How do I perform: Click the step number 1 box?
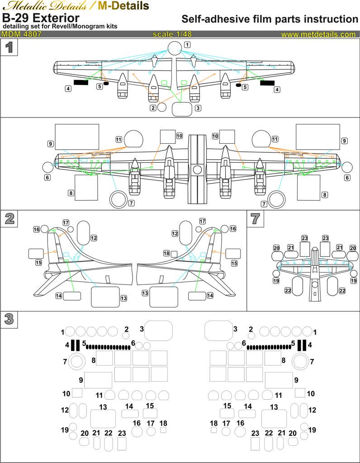pyautogui.click(x=9, y=47)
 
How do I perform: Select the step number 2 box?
pyautogui.click(x=9, y=218)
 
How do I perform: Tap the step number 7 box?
pyautogui.click(x=255, y=218)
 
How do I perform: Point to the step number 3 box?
pyautogui.click(x=9, y=319)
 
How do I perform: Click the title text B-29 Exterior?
pyautogui.click(x=41, y=18)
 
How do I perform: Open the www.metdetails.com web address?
pyautogui.click(x=318, y=34)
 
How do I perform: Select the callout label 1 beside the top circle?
pyautogui.click(x=187, y=44)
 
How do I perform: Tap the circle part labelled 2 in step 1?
pyautogui.click(x=161, y=108)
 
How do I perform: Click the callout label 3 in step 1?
pyautogui.click(x=198, y=108)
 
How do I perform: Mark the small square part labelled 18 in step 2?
pyautogui.click(x=174, y=254)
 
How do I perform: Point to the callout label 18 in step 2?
pyautogui.click(x=166, y=253)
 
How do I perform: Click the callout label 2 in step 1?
pyautogui.click(x=153, y=108)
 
